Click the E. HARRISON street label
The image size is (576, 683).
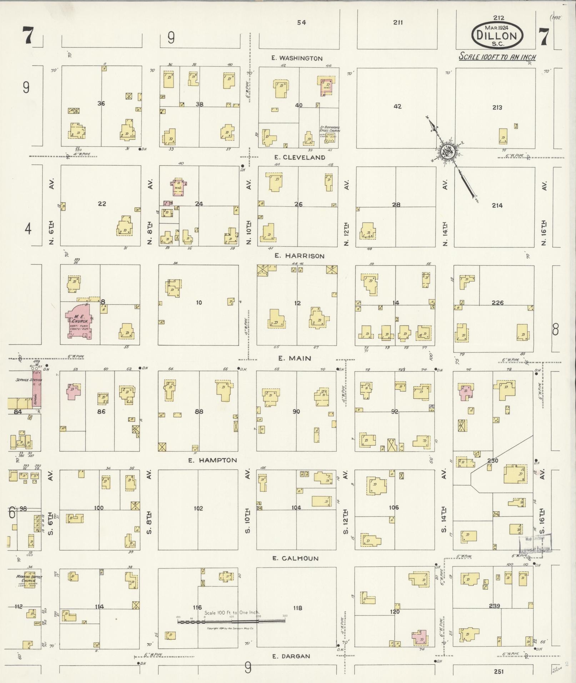(x=299, y=256)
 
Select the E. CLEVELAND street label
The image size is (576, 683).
(x=299, y=157)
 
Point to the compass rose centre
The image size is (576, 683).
(x=447, y=152)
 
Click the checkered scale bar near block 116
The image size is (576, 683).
(x=231, y=622)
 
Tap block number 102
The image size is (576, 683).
(x=198, y=508)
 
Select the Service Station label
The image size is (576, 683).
(x=29, y=380)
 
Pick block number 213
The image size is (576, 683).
(x=497, y=107)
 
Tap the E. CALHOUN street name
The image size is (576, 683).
(x=295, y=558)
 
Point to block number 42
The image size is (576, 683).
(x=397, y=106)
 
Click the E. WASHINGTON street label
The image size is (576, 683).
(x=297, y=58)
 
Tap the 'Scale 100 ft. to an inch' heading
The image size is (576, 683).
(x=497, y=56)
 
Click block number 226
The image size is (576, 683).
(x=497, y=303)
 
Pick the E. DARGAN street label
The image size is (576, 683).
(x=291, y=656)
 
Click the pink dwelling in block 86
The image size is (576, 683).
(x=74, y=391)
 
